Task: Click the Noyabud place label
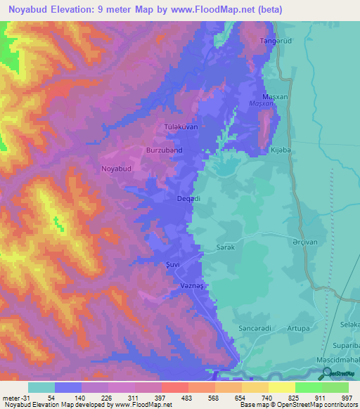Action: pyautogui.click(x=117, y=169)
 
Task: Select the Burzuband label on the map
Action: pyautogui.click(x=164, y=150)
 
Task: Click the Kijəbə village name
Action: pyautogui.click(x=279, y=150)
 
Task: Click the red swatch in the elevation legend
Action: pyautogui.click(x=174, y=387)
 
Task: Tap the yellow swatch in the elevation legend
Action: pyautogui.click(x=281, y=387)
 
